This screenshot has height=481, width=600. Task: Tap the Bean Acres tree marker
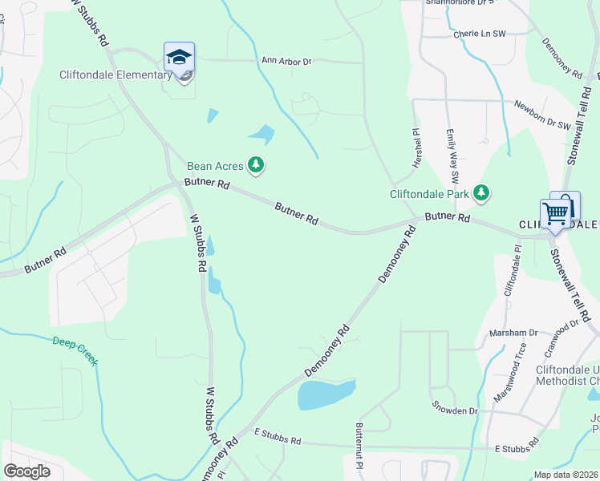(x=256, y=166)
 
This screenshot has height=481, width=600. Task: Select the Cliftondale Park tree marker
(x=481, y=192)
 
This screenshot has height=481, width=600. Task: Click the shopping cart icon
(x=556, y=213)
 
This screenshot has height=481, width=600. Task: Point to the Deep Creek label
(x=75, y=350)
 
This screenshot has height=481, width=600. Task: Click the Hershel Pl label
(x=417, y=148)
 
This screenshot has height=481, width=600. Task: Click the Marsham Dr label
(x=517, y=333)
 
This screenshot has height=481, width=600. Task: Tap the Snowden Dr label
(x=455, y=410)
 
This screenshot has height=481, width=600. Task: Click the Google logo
(x=26, y=471)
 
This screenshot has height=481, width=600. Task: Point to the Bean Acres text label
(x=215, y=167)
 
